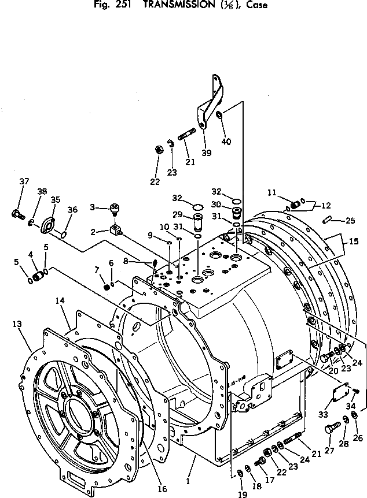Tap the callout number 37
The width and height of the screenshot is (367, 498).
pyautogui.click(x=23, y=181)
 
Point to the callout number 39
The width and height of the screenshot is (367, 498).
pyautogui.click(x=207, y=153)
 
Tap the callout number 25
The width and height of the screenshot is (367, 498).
pyautogui.click(x=350, y=221)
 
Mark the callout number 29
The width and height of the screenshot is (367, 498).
pyautogui.click(x=177, y=214)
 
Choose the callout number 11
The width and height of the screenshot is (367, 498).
pyautogui.click(x=271, y=192)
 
